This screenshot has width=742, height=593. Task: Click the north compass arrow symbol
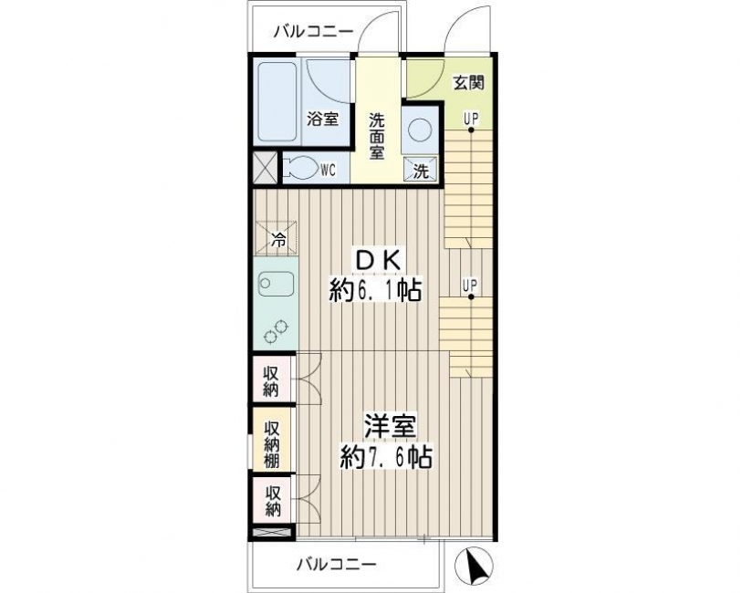tap(474, 566)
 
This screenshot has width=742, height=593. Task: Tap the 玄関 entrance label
tap(469, 83)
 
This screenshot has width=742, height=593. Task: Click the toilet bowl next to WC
tap(300, 169)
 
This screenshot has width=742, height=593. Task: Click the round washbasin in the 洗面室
tap(421, 130)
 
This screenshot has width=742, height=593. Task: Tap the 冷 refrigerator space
tap(277, 238)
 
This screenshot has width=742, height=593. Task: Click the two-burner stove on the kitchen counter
tap(276, 331)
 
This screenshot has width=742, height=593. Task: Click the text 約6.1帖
tap(375, 290)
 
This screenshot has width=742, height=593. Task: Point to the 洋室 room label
tap(390, 427)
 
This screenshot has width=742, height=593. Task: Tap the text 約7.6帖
tap(386, 457)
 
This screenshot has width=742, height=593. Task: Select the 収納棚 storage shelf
tap(272, 444)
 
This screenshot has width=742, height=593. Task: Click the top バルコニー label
tap(314, 31)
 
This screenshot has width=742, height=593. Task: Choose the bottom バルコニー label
tap(337, 564)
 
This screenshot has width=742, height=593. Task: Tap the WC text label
tap(328, 170)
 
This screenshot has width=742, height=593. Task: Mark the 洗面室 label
tap(377, 136)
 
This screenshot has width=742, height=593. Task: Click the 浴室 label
tap(323, 120)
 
